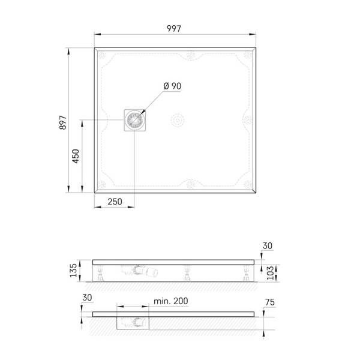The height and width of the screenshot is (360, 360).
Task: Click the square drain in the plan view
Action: (134, 121)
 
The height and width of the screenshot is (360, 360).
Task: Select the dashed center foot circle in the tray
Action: (177, 120)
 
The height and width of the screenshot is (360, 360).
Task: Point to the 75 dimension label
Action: (270, 302)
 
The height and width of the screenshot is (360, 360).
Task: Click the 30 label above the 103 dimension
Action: (267, 245)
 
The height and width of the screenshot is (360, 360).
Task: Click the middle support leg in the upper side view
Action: (185, 274)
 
